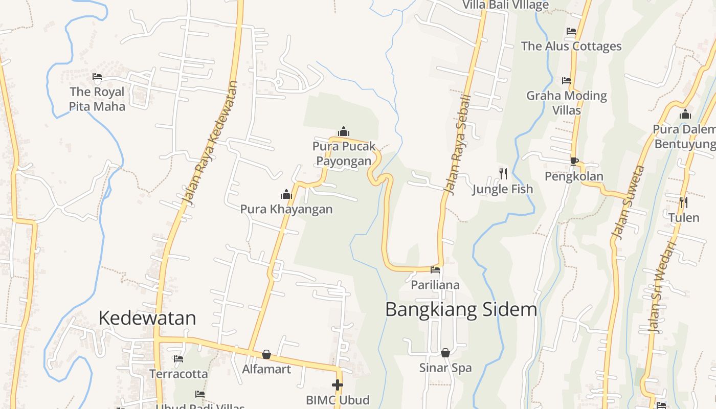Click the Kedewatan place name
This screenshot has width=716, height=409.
click(x=147, y=318)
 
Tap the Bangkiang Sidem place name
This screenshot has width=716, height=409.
click(x=461, y=310)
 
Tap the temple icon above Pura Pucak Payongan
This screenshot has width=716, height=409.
click(x=344, y=132)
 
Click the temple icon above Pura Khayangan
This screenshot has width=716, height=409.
click(x=286, y=194)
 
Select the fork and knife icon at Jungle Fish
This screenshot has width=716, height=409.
click(x=503, y=174)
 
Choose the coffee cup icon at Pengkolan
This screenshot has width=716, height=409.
click(x=574, y=162)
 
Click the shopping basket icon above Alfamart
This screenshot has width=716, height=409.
click(x=266, y=354)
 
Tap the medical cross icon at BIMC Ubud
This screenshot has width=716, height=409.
click(x=338, y=384)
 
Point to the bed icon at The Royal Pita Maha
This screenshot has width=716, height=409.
click(x=97, y=77)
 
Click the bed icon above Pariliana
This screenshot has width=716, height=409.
click(x=435, y=270)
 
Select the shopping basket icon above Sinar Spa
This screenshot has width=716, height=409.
click(x=445, y=353)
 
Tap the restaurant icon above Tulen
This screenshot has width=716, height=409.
click(x=684, y=202)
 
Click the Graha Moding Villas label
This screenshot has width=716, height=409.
click(x=567, y=103)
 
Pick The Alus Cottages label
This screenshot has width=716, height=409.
click(x=571, y=47)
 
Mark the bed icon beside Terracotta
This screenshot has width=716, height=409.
click(x=178, y=359)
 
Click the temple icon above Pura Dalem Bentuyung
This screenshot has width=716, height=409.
click(x=685, y=115)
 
